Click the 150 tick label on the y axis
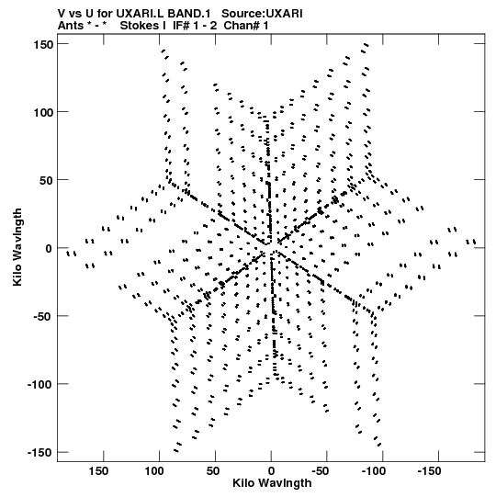[43, 45]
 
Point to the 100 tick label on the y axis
[43, 112]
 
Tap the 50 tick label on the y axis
[47, 181]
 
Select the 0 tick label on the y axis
[49, 249]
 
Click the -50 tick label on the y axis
[43, 317]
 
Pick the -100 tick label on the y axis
[40, 385]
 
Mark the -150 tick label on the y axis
[40, 453]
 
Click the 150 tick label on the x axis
[98, 471]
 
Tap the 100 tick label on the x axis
[154, 471]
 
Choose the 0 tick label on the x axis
[271, 471]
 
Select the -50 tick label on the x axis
[321, 471]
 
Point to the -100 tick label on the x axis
[374, 471]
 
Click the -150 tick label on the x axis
[430, 471]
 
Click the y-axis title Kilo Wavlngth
[17, 247]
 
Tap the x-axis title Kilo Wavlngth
[272, 483]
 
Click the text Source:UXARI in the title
[262, 14]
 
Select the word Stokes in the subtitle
[143, 26]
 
